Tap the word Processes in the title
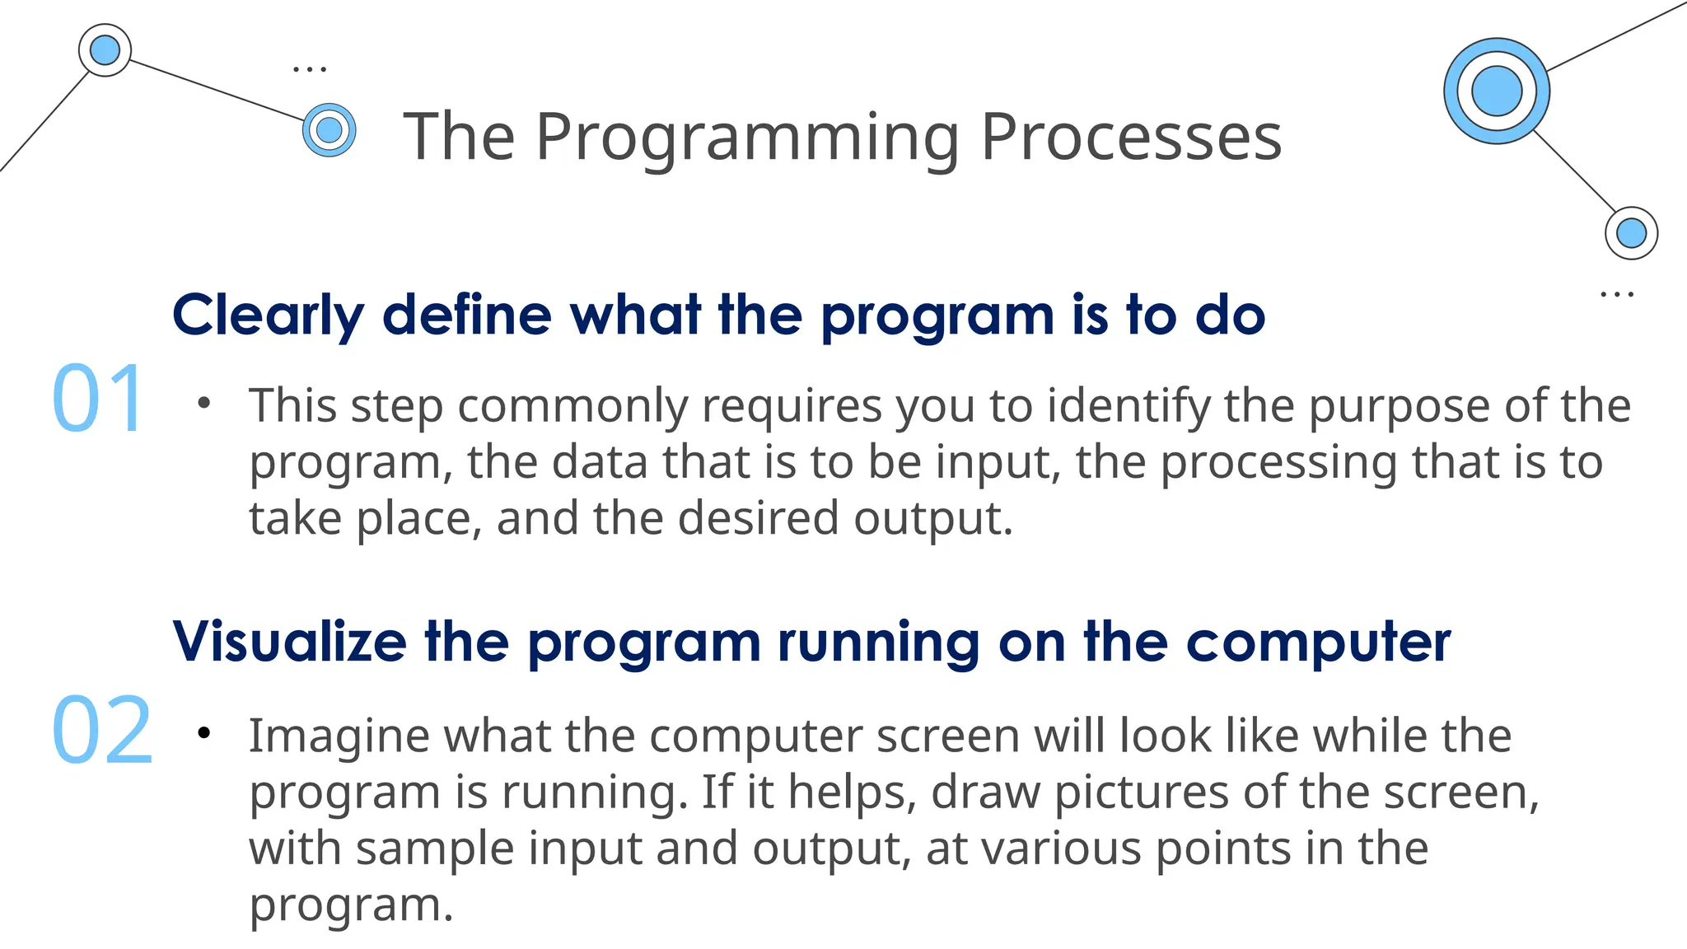(x=1131, y=137)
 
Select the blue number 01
(x=100, y=400)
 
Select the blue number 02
(x=102, y=731)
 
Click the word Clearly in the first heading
(x=268, y=316)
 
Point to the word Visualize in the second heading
(x=289, y=642)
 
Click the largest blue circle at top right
(x=1496, y=91)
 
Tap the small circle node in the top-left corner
(x=105, y=50)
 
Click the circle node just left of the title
(x=329, y=129)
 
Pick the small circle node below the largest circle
(x=1631, y=233)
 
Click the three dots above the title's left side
(x=310, y=69)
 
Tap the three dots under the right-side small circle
(x=1616, y=294)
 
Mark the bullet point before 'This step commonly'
(x=204, y=403)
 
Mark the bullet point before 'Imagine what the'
(x=204, y=732)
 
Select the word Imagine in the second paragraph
(x=339, y=736)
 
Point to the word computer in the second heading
(x=1318, y=643)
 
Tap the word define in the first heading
(x=467, y=316)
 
